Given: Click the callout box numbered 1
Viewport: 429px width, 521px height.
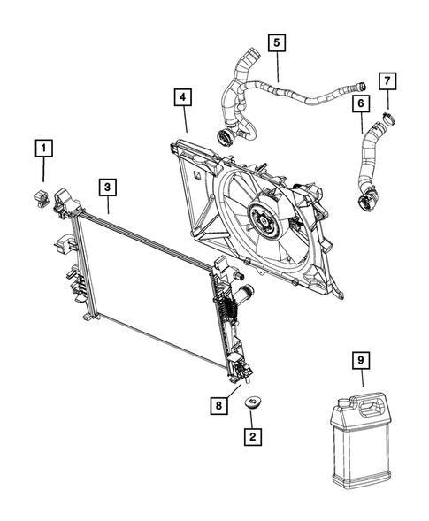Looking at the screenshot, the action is (44, 149).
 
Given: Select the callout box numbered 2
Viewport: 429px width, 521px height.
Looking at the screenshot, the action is (253, 437).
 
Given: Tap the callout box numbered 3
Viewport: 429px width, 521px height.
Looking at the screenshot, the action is (107, 188).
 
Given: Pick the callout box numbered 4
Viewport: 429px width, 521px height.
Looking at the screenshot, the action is (183, 97).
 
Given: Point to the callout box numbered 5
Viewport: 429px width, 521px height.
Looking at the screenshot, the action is (277, 42).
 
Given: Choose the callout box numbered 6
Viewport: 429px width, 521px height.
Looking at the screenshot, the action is (361, 103).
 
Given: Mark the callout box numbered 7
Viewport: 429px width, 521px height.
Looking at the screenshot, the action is (387, 80).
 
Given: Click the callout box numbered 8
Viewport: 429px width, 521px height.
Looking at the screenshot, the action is (218, 405).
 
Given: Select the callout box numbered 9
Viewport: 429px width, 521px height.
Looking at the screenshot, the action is (361, 359).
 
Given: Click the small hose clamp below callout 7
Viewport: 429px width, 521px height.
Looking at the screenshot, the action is (389, 119).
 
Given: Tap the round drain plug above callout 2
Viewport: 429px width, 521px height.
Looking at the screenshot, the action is (253, 402).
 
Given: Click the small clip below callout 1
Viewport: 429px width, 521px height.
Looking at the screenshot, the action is (42, 198).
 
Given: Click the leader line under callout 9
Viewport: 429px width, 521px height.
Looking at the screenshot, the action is (362, 378).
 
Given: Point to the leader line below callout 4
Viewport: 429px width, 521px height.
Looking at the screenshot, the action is (185, 119).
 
